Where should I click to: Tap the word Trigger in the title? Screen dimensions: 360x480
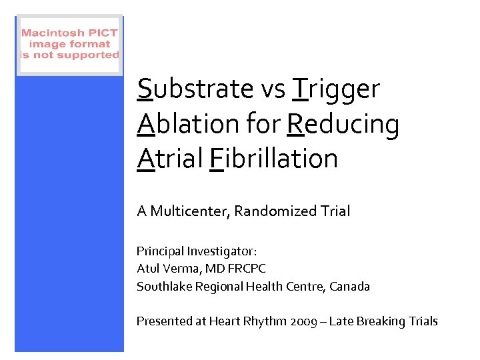[x=336, y=89]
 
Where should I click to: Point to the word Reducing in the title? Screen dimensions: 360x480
[x=343, y=124]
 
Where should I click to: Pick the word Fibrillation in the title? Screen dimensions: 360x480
[x=273, y=159]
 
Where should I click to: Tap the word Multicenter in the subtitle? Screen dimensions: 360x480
[x=189, y=211]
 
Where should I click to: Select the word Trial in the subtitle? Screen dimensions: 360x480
[x=335, y=211]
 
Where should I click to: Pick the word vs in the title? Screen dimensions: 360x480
[x=273, y=89]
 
